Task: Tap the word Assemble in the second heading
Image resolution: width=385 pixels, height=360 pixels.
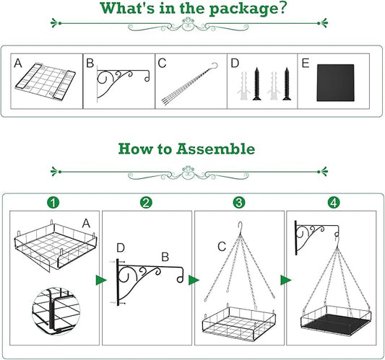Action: (x=215, y=149)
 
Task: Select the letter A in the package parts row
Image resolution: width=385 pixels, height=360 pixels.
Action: (x=18, y=63)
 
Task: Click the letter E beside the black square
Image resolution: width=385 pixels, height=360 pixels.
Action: (x=306, y=63)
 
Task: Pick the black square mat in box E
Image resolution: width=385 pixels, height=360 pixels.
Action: (x=335, y=83)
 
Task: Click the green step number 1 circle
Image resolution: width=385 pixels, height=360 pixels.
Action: (x=53, y=203)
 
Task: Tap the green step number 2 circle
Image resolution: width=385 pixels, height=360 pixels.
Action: (x=147, y=203)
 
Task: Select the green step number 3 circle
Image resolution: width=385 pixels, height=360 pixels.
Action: (x=239, y=203)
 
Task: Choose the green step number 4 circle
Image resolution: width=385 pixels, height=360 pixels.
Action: (x=334, y=203)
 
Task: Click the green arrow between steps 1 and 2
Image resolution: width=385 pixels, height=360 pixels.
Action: (x=100, y=280)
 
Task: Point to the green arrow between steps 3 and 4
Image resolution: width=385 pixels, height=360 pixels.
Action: (x=285, y=280)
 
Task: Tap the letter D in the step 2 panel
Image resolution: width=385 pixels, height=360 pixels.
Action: (x=121, y=248)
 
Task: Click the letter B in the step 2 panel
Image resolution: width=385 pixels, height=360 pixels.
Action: (x=165, y=258)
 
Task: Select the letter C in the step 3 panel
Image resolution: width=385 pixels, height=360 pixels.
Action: (x=222, y=247)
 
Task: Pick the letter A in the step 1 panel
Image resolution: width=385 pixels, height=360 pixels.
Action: (x=86, y=224)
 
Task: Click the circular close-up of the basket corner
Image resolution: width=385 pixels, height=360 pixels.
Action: (x=56, y=311)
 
